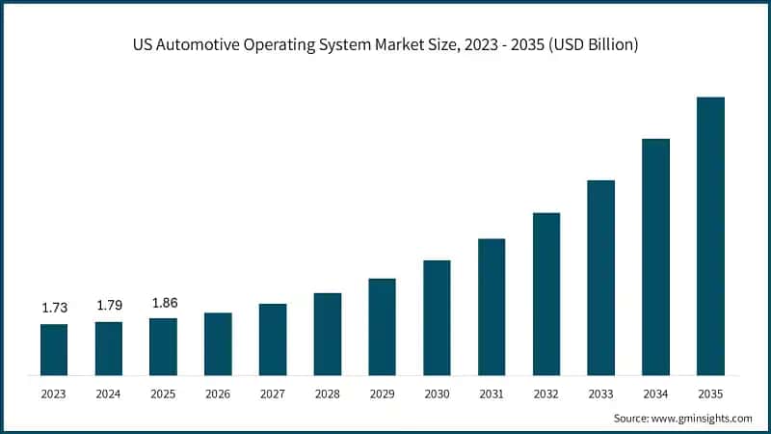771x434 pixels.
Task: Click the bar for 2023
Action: point(54,349)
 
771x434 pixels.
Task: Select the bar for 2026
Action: point(218,343)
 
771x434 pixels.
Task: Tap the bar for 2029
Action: point(382,326)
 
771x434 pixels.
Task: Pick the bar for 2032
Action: point(546,293)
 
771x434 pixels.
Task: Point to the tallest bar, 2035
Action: point(710,235)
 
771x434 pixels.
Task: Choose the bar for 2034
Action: point(655,257)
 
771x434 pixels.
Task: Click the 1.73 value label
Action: point(54,308)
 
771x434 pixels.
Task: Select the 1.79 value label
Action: point(109,306)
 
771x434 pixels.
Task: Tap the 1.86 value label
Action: point(163,302)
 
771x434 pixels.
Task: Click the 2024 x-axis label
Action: point(109,393)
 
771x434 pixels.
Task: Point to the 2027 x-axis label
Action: point(273,393)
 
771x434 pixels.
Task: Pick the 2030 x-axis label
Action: point(437,393)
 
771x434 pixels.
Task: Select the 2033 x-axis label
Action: point(600,393)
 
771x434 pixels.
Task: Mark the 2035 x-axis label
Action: point(710,393)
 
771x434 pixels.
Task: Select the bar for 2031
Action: point(492,307)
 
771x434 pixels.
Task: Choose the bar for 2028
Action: point(328,334)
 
